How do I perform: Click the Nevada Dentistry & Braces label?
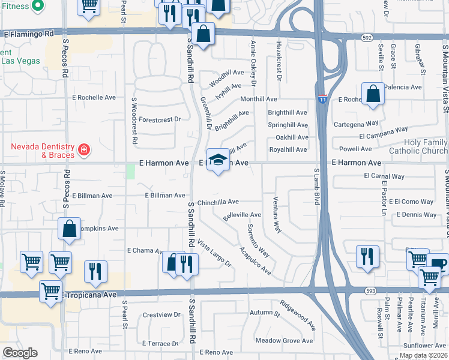pyautogui.click(x=41, y=151)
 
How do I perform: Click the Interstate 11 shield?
pyautogui.click(x=322, y=98)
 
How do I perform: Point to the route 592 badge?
pyautogui.click(x=367, y=38)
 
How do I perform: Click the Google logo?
pyautogui.click(x=20, y=353)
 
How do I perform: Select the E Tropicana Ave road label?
pyautogui.click(x=89, y=295)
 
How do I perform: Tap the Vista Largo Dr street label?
pyautogui.click(x=214, y=253)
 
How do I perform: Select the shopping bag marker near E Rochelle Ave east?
pyautogui.click(x=373, y=95)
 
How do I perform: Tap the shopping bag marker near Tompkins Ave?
pyautogui.click(x=69, y=229)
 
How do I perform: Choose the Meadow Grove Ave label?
pyautogui.click(x=284, y=340)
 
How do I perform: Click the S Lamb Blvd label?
pyautogui.click(x=317, y=188)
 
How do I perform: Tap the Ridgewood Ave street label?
pyautogui.click(x=298, y=315)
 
